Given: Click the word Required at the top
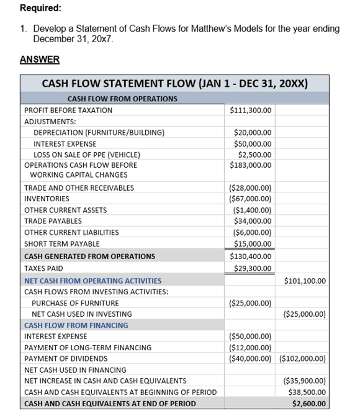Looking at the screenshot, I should click(x=40, y=8).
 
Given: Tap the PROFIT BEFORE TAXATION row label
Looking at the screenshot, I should click(x=68, y=110).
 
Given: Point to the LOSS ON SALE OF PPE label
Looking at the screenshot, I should click(x=86, y=155).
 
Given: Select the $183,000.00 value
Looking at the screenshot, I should click(x=250, y=165).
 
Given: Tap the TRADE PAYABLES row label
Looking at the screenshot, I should click(x=53, y=221).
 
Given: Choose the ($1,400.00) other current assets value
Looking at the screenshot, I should click(x=252, y=210).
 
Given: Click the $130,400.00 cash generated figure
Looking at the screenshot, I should click(x=250, y=256).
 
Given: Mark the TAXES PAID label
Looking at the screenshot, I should click(x=43, y=268).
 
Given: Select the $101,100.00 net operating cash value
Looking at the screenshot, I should click(x=304, y=281).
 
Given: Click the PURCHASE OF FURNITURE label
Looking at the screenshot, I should click(x=75, y=303).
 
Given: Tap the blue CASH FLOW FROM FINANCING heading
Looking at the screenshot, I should click(x=76, y=325).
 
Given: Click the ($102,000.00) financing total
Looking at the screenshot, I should click(x=302, y=358).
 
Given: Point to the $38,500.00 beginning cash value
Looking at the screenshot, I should click(x=307, y=392).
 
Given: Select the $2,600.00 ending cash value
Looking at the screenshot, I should click(x=308, y=404).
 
